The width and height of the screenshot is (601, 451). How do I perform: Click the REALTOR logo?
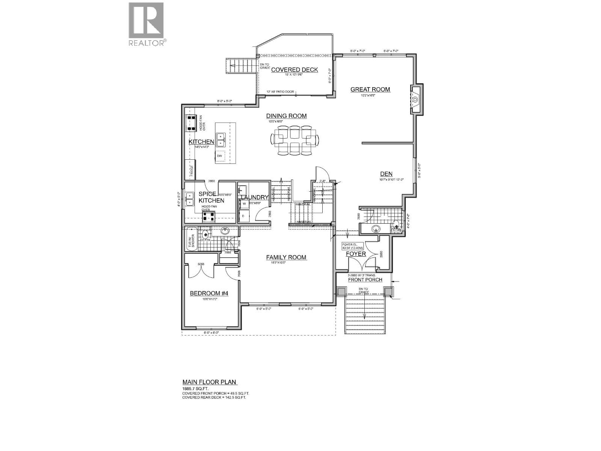point(146,24)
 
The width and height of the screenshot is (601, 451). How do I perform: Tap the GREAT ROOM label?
point(370,89)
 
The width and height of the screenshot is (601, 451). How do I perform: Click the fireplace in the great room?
point(416,100)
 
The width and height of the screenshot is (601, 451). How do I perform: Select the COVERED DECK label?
point(294,70)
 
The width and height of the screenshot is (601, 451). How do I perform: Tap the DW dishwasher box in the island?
point(220,156)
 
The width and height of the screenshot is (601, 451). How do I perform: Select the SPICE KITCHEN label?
point(211,197)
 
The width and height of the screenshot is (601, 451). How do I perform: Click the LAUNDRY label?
point(254,197)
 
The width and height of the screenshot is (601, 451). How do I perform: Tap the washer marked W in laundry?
point(244,204)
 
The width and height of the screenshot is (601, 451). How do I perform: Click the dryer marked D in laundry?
point(243,216)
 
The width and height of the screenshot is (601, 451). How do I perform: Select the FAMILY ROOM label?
point(286,257)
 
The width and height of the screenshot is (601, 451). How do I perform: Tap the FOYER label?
point(356,254)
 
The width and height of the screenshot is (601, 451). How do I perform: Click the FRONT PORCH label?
point(365,280)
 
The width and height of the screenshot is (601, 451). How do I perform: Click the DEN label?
point(386,174)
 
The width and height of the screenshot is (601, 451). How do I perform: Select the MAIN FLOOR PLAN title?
point(209,382)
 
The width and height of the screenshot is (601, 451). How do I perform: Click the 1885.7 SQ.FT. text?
point(195,388)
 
